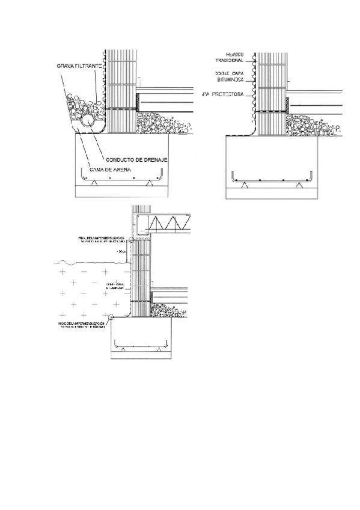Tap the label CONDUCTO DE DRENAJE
(x=136, y=159)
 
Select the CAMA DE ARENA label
(x=111, y=170)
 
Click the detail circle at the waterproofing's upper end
(x=132, y=241)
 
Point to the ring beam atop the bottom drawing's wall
(x=142, y=224)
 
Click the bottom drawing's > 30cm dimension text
(x=123, y=251)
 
